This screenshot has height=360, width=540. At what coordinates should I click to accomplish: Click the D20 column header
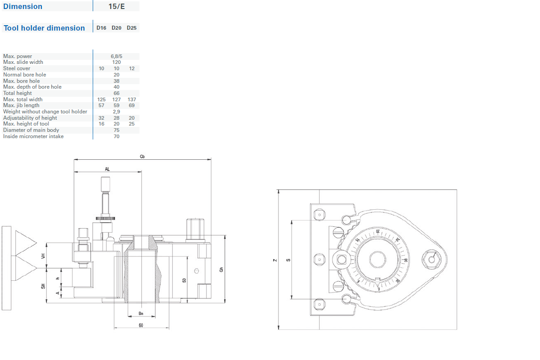coord(117,28)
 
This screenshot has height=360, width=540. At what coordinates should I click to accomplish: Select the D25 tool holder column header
coord(131,28)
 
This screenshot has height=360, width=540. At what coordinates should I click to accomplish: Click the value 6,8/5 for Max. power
coord(117,56)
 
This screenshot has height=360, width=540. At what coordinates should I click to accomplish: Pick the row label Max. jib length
coord(21,105)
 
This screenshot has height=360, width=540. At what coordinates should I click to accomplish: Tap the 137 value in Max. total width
coord(131,99)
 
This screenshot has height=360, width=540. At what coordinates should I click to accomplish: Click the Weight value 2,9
coord(117,112)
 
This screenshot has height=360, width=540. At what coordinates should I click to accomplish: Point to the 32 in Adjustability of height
coord(101,118)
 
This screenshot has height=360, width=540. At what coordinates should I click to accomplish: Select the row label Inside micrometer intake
coord(33,136)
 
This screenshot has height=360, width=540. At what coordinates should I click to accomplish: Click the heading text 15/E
coord(117,7)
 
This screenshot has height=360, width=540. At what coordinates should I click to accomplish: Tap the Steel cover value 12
coord(131,68)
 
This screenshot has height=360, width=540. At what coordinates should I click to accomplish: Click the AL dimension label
coord(107,169)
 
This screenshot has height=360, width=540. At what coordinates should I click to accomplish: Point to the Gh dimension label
coord(221,269)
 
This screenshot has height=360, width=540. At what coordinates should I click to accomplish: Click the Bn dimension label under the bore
coord(141,313)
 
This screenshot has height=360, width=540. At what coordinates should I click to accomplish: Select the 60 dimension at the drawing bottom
coord(141,325)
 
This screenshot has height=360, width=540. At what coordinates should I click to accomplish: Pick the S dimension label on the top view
coord(288,260)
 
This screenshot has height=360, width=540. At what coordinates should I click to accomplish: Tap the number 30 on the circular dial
coord(405,260)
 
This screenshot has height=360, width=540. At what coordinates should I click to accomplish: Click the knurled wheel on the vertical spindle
coord(106,219)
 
